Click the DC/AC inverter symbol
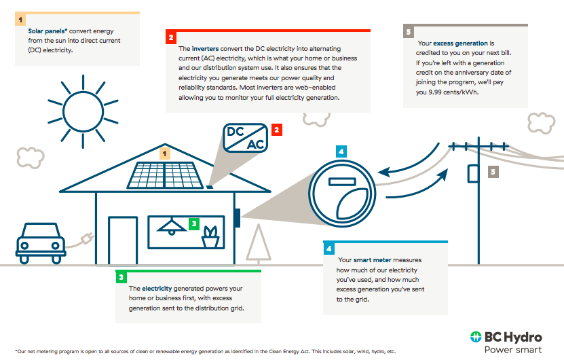pyautogui.click(x=245, y=138)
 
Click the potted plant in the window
pyautogui.click(x=211, y=236)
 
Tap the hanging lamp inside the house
pyautogui.click(x=172, y=225)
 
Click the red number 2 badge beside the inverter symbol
pyautogui.click(x=276, y=130)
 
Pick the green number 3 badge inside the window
pyautogui.click(x=193, y=223)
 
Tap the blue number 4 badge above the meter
pyautogui.click(x=341, y=151)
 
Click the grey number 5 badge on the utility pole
pyautogui.click(x=493, y=172)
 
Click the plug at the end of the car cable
pyautogui.click(x=86, y=238)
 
